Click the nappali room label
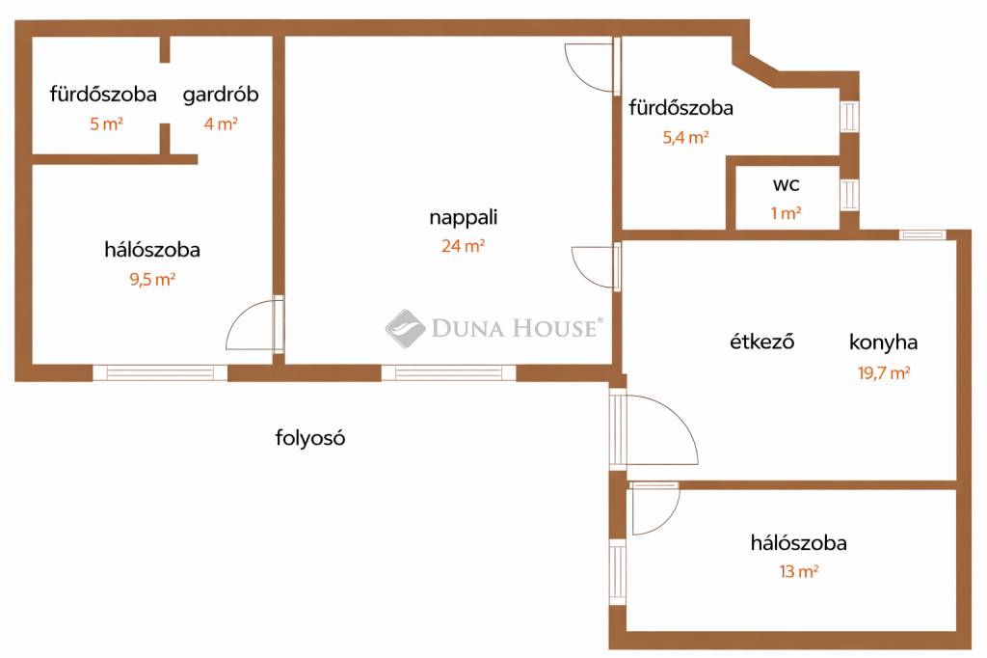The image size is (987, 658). (x=464, y=217)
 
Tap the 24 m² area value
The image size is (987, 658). (x=464, y=246)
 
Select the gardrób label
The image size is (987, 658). (x=221, y=95)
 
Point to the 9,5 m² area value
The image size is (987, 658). (x=152, y=279)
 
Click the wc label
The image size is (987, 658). (x=787, y=184)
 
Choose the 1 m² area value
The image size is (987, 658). (x=787, y=213)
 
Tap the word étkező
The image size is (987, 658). (x=761, y=342)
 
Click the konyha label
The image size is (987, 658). (x=883, y=343)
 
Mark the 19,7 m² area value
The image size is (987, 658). (x=884, y=372)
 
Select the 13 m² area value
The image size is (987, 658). (x=799, y=572)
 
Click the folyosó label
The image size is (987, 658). (x=310, y=437)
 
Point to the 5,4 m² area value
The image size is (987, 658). (x=685, y=137)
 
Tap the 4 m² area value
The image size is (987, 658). (x=221, y=123)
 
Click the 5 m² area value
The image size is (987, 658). (x=106, y=123)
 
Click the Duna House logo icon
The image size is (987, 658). (x=405, y=328)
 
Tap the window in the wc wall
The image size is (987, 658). (x=849, y=195)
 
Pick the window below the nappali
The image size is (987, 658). (x=449, y=372)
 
